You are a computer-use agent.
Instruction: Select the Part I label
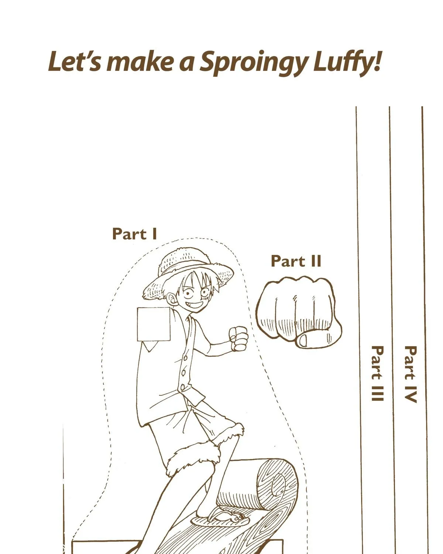coord(134,234)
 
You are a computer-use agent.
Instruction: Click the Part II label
coord(296,261)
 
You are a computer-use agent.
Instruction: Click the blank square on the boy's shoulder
coord(154,324)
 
